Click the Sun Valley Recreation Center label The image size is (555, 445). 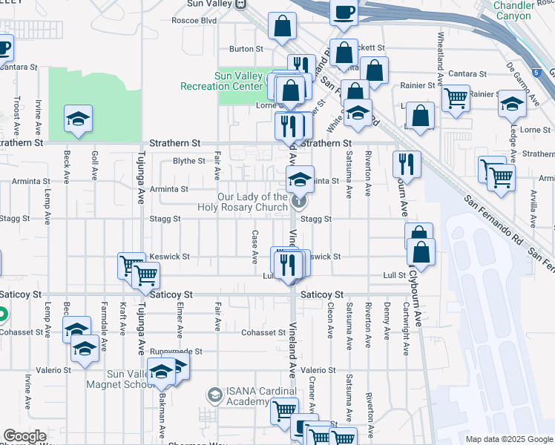click(223, 81)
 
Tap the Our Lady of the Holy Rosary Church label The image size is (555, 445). click(252, 202)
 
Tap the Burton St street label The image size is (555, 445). click(246, 49)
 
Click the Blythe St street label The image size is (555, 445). click(188, 161)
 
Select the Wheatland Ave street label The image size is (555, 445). click(441, 56)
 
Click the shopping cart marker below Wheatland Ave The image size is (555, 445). click(455, 98)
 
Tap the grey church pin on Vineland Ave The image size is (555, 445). click(298, 200)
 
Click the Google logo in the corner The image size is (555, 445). click(24, 436)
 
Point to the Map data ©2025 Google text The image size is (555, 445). click(509, 439)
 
